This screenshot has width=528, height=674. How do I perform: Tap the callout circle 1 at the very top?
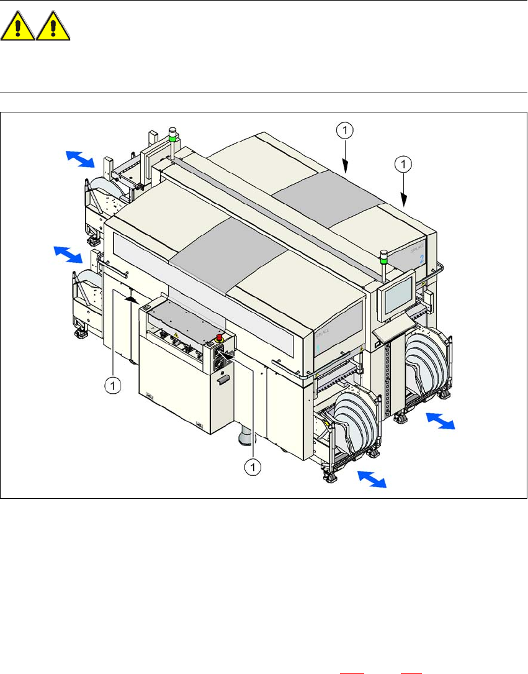346,130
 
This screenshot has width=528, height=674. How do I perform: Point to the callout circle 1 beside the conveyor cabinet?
112,386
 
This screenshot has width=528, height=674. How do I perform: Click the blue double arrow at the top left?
80,158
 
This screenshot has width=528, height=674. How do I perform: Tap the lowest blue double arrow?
370,479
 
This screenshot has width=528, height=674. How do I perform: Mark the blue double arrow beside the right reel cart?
441,422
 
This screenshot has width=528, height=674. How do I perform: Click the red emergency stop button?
218,339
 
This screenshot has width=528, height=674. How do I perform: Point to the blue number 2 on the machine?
421,258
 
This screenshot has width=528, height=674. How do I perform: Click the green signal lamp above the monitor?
383,255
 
